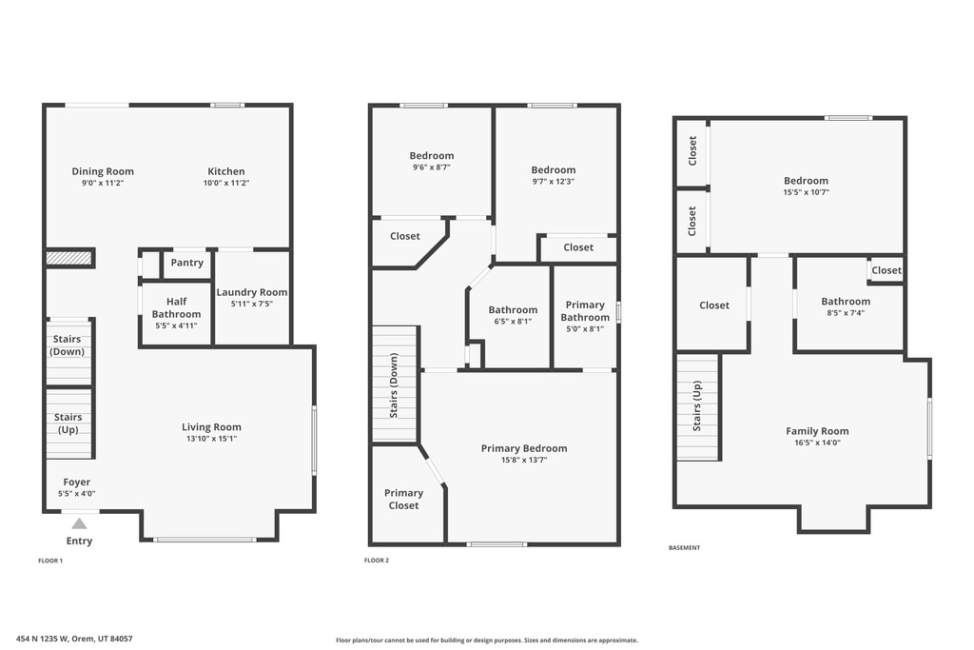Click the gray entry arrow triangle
point(79,523)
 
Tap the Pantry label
point(186,263)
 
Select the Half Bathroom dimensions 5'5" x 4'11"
point(176,325)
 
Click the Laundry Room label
point(251,292)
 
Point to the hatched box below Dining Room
point(69,257)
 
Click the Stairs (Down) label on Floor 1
point(67,345)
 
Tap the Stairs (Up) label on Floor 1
point(68,423)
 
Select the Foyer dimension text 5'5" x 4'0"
point(77,494)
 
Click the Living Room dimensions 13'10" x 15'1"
point(211,439)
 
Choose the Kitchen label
point(225,171)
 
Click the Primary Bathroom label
point(584,311)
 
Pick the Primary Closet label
point(403,499)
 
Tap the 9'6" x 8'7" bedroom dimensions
point(431,167)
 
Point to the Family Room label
point(816,431)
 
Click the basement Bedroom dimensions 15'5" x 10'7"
point(806,192)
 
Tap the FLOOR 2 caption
point(377,561)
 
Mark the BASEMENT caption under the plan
point(684,548)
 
